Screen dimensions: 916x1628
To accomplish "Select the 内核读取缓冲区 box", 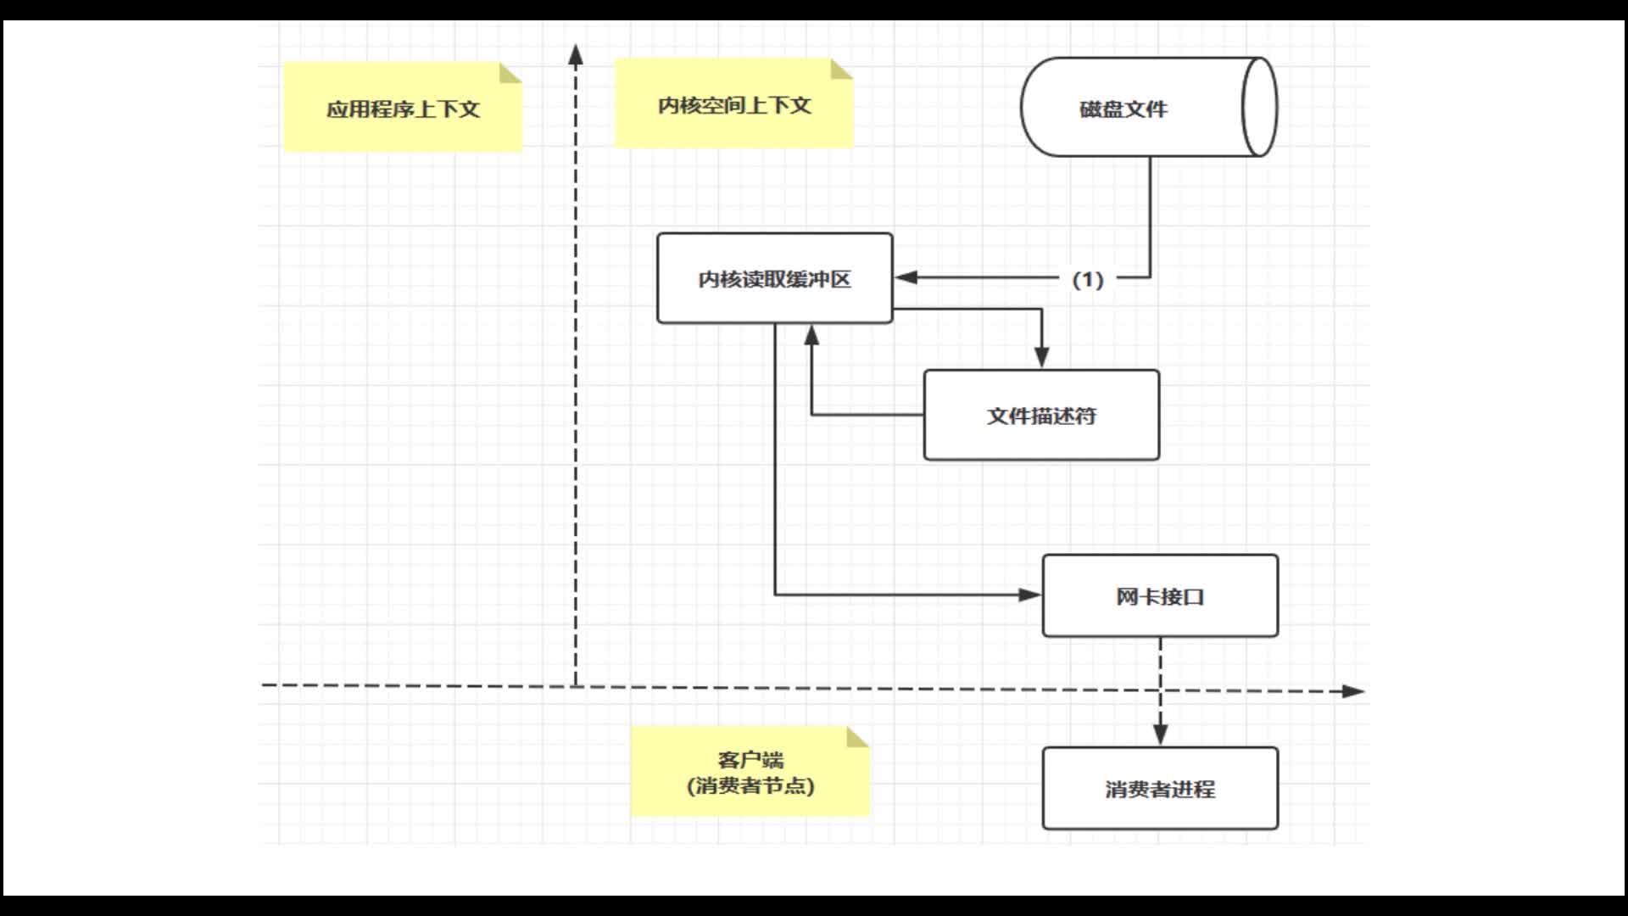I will click(x=774, y=279).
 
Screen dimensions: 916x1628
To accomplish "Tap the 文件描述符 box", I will click(x=1041, y=416).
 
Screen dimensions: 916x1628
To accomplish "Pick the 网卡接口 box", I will click(x=1160, y=596).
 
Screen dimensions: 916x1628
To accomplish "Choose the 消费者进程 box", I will click(x=1160, y=789).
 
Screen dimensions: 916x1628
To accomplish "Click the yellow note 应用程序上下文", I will click(x=403, y=109).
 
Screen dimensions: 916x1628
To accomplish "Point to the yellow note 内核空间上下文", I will click(x=733, y=104).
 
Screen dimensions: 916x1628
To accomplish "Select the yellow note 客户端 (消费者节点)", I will click(x=750, y=773).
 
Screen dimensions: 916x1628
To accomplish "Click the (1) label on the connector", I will click(x=1088, y=279).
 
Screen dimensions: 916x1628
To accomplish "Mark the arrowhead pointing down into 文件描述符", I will click(x=1042, y=357).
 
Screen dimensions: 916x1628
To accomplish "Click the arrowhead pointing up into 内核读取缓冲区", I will click(x=811, y=336).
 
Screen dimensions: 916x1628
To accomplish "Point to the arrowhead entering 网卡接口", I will click(x=1029, y=595).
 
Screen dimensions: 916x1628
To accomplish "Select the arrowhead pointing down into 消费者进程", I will click(x=1161, y=734).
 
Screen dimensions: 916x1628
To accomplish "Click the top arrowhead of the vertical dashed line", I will click(x=576, y=55).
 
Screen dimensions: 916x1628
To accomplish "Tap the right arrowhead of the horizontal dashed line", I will click(x=1353, y=691).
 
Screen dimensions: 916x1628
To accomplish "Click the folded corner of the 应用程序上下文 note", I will click(x=511, y=73).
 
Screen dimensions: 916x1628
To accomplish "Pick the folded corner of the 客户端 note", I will click(x=858, y=737).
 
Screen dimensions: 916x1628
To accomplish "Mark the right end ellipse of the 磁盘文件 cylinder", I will click(x=1259, y=108).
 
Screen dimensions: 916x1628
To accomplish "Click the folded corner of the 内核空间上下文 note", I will click(x=842, y=69).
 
